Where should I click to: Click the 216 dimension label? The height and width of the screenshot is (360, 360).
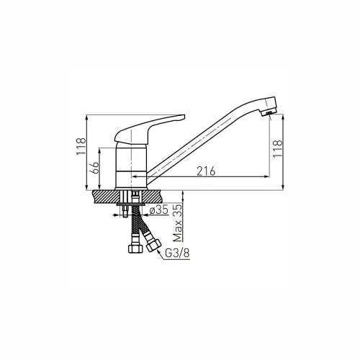click(x=206, y=171)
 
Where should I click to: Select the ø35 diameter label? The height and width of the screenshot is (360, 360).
click(x=158, y=210)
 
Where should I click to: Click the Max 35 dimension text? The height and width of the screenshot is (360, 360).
click(x=177, y=223)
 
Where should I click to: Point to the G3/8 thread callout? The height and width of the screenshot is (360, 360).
click(x=177, y=254)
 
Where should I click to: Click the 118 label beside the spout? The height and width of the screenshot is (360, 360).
click(x=278, y=148)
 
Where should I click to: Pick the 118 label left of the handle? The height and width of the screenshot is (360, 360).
click(x=81, y=146)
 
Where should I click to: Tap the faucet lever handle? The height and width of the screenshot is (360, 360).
click(x=150, y=128)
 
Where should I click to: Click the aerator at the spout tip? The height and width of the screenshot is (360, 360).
click(x=268, y=113)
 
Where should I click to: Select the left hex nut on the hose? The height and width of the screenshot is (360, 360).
click(x=136, y=248)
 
